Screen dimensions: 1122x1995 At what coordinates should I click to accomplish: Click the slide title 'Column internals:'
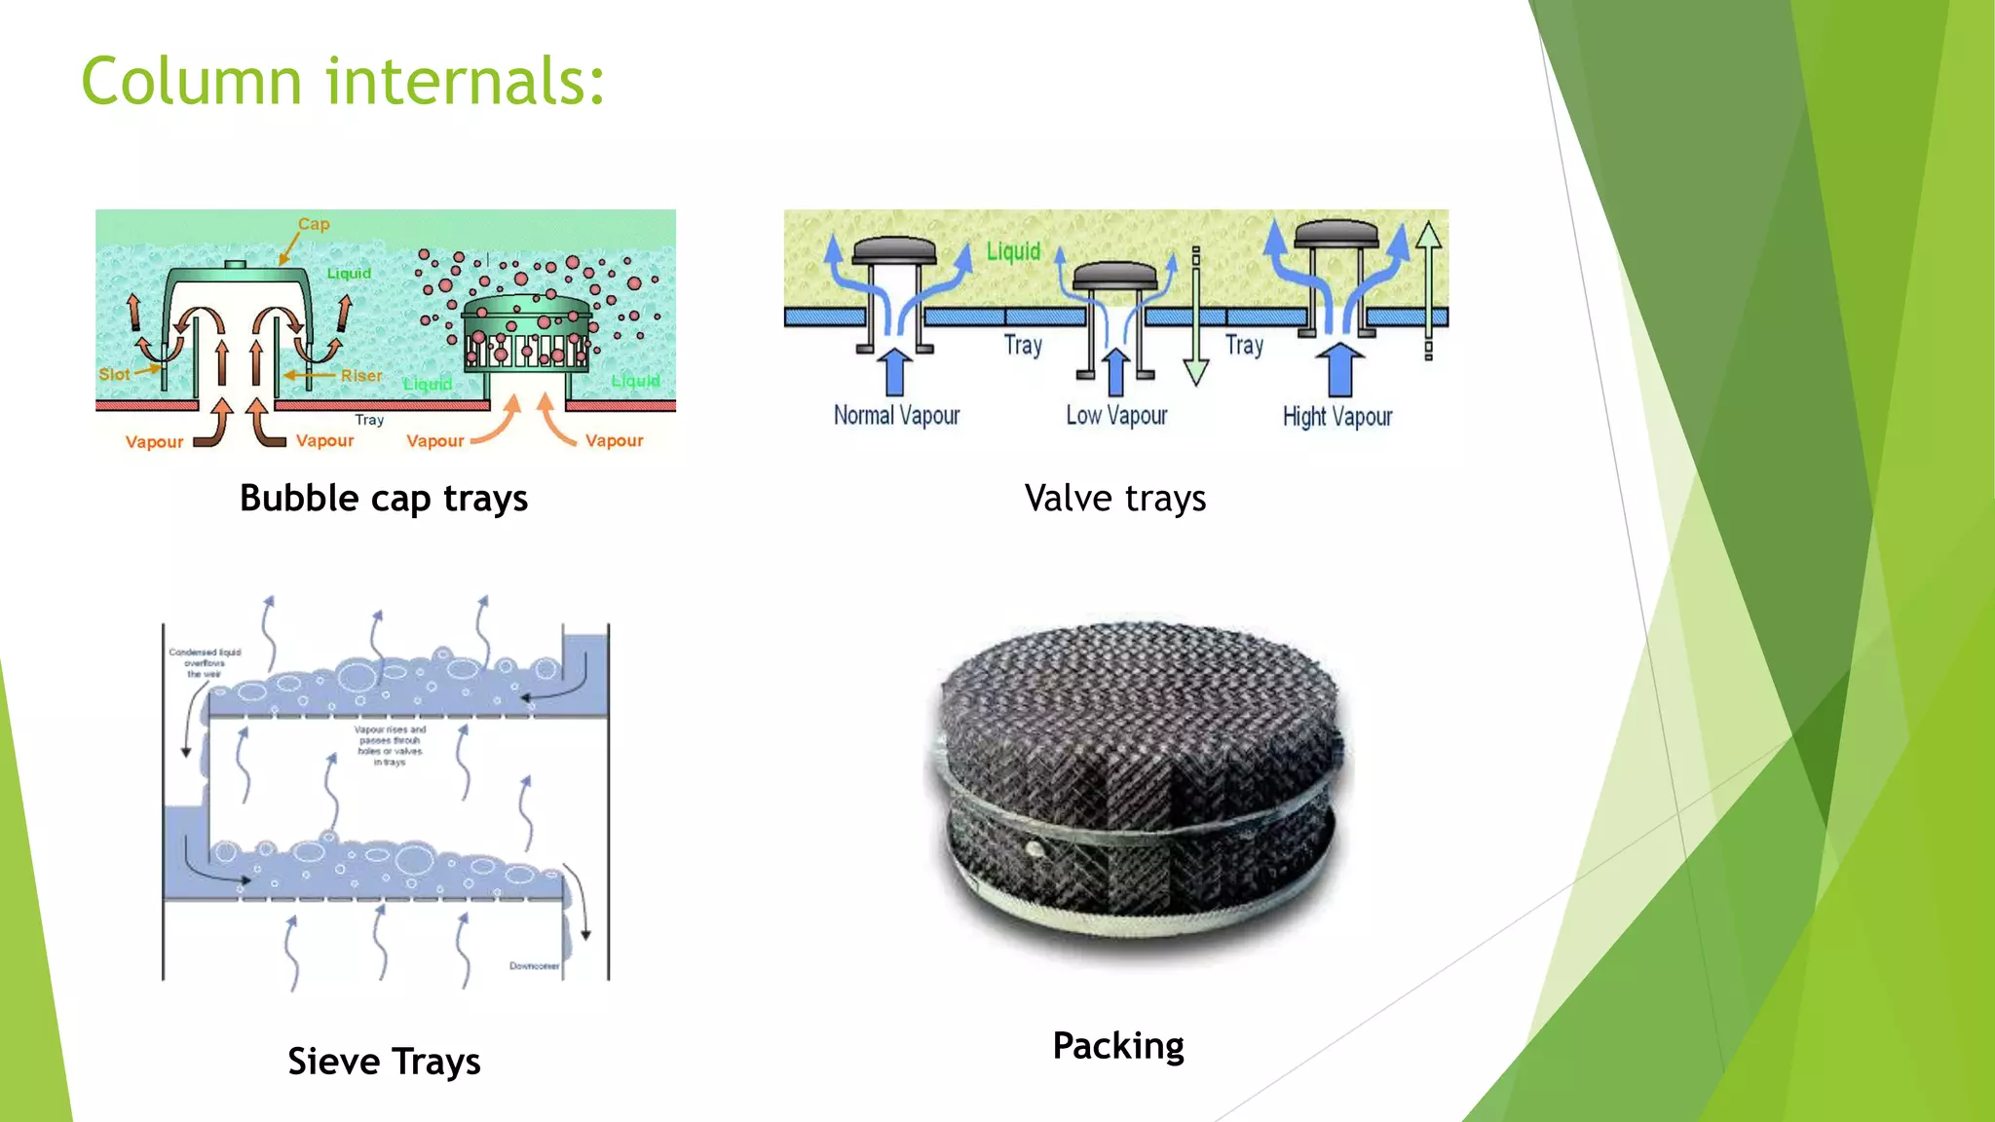click(343, 81)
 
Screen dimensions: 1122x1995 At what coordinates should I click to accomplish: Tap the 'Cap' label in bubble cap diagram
click(314, 224)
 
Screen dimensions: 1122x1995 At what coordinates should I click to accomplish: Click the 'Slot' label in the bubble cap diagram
click(114, 374)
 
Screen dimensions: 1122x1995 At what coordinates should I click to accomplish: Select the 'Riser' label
click(361, 376)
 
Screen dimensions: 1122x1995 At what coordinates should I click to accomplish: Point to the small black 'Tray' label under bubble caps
click(369, 420)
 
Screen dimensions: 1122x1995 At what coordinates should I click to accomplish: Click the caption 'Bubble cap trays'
click(384, 499)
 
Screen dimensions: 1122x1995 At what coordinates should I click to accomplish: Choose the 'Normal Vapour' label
click(896, 416)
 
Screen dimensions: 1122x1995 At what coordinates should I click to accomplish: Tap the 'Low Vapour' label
click(1116, 416)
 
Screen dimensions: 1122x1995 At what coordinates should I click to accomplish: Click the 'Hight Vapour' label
click(1337, 417)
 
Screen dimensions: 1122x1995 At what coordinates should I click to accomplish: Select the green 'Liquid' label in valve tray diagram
click(1013, 252)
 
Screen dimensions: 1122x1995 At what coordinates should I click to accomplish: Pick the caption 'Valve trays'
click(1115, 499)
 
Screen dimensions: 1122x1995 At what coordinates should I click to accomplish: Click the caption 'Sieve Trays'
click(384, 1062)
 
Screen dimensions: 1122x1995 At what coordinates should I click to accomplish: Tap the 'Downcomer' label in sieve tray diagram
click(534, 966)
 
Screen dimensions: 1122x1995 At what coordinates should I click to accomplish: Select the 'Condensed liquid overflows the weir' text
click(205, 663)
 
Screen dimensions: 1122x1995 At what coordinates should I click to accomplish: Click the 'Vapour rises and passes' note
click(390, 745)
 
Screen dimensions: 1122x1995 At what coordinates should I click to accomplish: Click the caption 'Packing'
click(1118, 1046)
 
